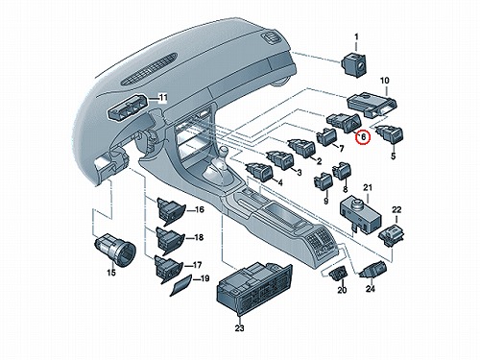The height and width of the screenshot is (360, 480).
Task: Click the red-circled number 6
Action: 363,137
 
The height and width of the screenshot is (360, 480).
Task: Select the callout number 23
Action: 239,328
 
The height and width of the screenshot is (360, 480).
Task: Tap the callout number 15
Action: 111,273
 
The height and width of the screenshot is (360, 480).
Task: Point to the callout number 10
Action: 385,81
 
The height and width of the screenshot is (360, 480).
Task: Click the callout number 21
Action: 368,188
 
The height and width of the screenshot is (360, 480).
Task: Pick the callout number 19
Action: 204,278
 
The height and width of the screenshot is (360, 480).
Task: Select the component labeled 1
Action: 353,63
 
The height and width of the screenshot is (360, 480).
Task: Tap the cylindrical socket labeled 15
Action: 114,248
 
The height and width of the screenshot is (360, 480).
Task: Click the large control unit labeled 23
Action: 254,287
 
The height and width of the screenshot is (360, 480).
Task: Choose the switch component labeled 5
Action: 390,134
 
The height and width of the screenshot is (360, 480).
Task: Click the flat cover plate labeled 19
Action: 180,285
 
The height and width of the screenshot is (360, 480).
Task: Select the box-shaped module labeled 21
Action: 360,213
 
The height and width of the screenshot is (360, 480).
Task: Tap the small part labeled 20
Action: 338,273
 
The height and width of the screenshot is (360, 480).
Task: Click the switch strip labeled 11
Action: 129,107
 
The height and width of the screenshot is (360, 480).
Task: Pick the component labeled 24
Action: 372,269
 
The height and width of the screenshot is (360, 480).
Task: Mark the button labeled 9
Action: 324,181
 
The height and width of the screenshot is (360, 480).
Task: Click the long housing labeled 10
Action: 372,104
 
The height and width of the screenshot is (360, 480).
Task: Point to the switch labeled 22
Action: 392,236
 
